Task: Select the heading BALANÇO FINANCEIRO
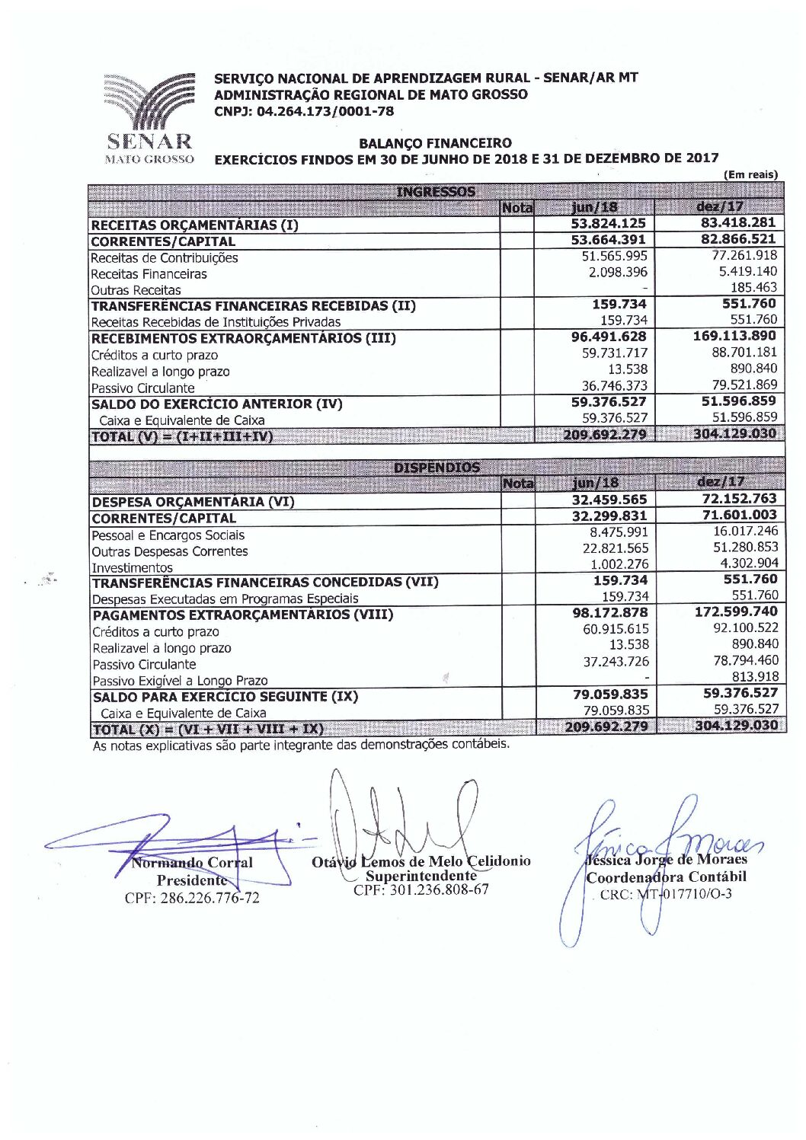pos(435,143)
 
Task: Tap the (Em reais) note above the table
pos(751,174)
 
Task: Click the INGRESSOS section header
pos(436,192)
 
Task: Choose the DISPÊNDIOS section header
pos(437,468)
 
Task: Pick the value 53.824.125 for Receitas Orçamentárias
pos(609,223)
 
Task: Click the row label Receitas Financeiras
pos(149,274)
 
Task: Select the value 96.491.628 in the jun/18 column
pos(609,337)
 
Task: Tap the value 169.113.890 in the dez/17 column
pos(734,336)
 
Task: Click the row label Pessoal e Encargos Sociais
pos(168,535)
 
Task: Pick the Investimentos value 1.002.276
pos(619,564)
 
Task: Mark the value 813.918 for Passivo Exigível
pos(755,676)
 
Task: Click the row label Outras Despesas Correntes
pos(170,551)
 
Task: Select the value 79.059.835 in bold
pos(610,694)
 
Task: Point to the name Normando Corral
pos(192,863)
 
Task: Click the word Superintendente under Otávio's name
pos(421,876)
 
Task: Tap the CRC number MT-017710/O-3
pos(666,894)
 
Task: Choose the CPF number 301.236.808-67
pos(421,889)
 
